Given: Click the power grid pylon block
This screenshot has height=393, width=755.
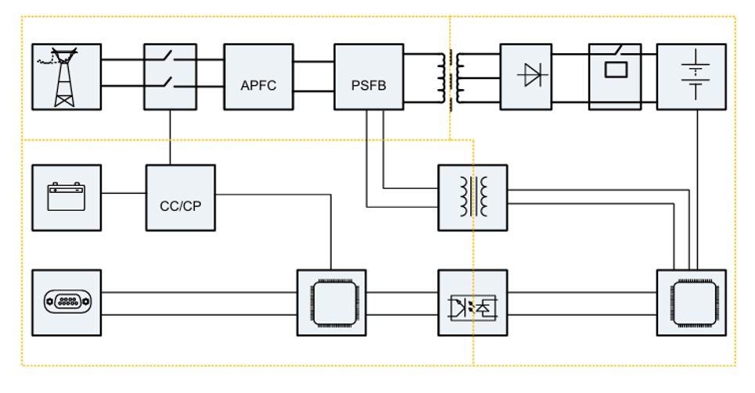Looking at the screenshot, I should [x=67, y=77].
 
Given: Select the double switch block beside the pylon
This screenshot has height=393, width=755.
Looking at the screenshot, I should [x=170, y=77].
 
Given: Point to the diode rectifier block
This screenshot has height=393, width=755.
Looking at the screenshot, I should [x=534, y=77].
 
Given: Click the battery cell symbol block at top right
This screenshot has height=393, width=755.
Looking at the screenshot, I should [x=691, y=77].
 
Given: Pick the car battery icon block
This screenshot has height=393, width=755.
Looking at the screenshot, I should [x=67, y=197].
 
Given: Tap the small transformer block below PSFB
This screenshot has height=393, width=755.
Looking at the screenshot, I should [x=473, y=197].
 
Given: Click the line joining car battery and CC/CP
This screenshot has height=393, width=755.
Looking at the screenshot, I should [x=124, y=193].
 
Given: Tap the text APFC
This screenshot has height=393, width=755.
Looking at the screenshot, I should [x=258, y=85].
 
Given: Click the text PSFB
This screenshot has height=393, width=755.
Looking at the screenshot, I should [x=369, y=85].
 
